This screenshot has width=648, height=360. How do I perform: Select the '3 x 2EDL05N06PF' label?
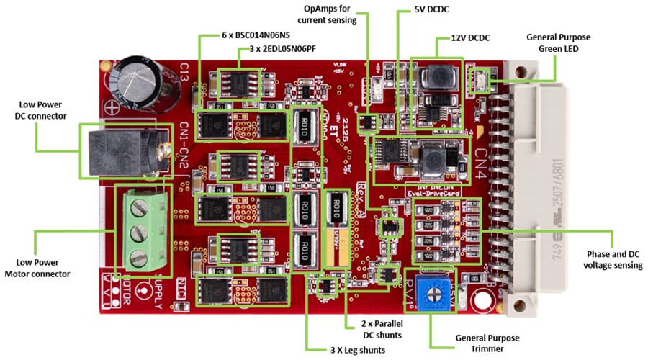[277, 50]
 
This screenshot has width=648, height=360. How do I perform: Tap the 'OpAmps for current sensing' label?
[327, 14]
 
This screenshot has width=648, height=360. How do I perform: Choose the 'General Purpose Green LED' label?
[555, 42]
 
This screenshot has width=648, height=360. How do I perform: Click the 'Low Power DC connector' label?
[41, 109]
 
